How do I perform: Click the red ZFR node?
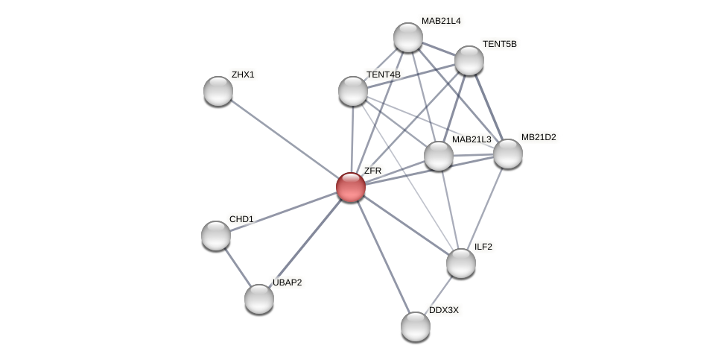[350, 186]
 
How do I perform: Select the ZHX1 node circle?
[218, 91]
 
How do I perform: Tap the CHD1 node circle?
[216, 236]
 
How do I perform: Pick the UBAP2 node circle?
[259, 299]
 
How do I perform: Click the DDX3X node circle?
[416, 326]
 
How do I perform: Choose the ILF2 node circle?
[461, 263]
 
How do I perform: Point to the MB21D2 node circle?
[508, 154]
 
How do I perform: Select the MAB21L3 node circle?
[439, 156]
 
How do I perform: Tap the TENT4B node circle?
[353, 91]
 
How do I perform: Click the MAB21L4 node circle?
[408, 37]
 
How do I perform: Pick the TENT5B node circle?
[469, 60]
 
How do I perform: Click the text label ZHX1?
[243, 75]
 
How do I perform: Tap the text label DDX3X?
[444, 310]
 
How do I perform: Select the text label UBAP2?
[287, 282]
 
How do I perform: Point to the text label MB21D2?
[539, 137]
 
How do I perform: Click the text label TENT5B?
[499, 44]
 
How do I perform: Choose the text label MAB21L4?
[441, 21]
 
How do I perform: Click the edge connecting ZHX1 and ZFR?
[284, 139]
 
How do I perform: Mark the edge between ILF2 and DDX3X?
[439, 294]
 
